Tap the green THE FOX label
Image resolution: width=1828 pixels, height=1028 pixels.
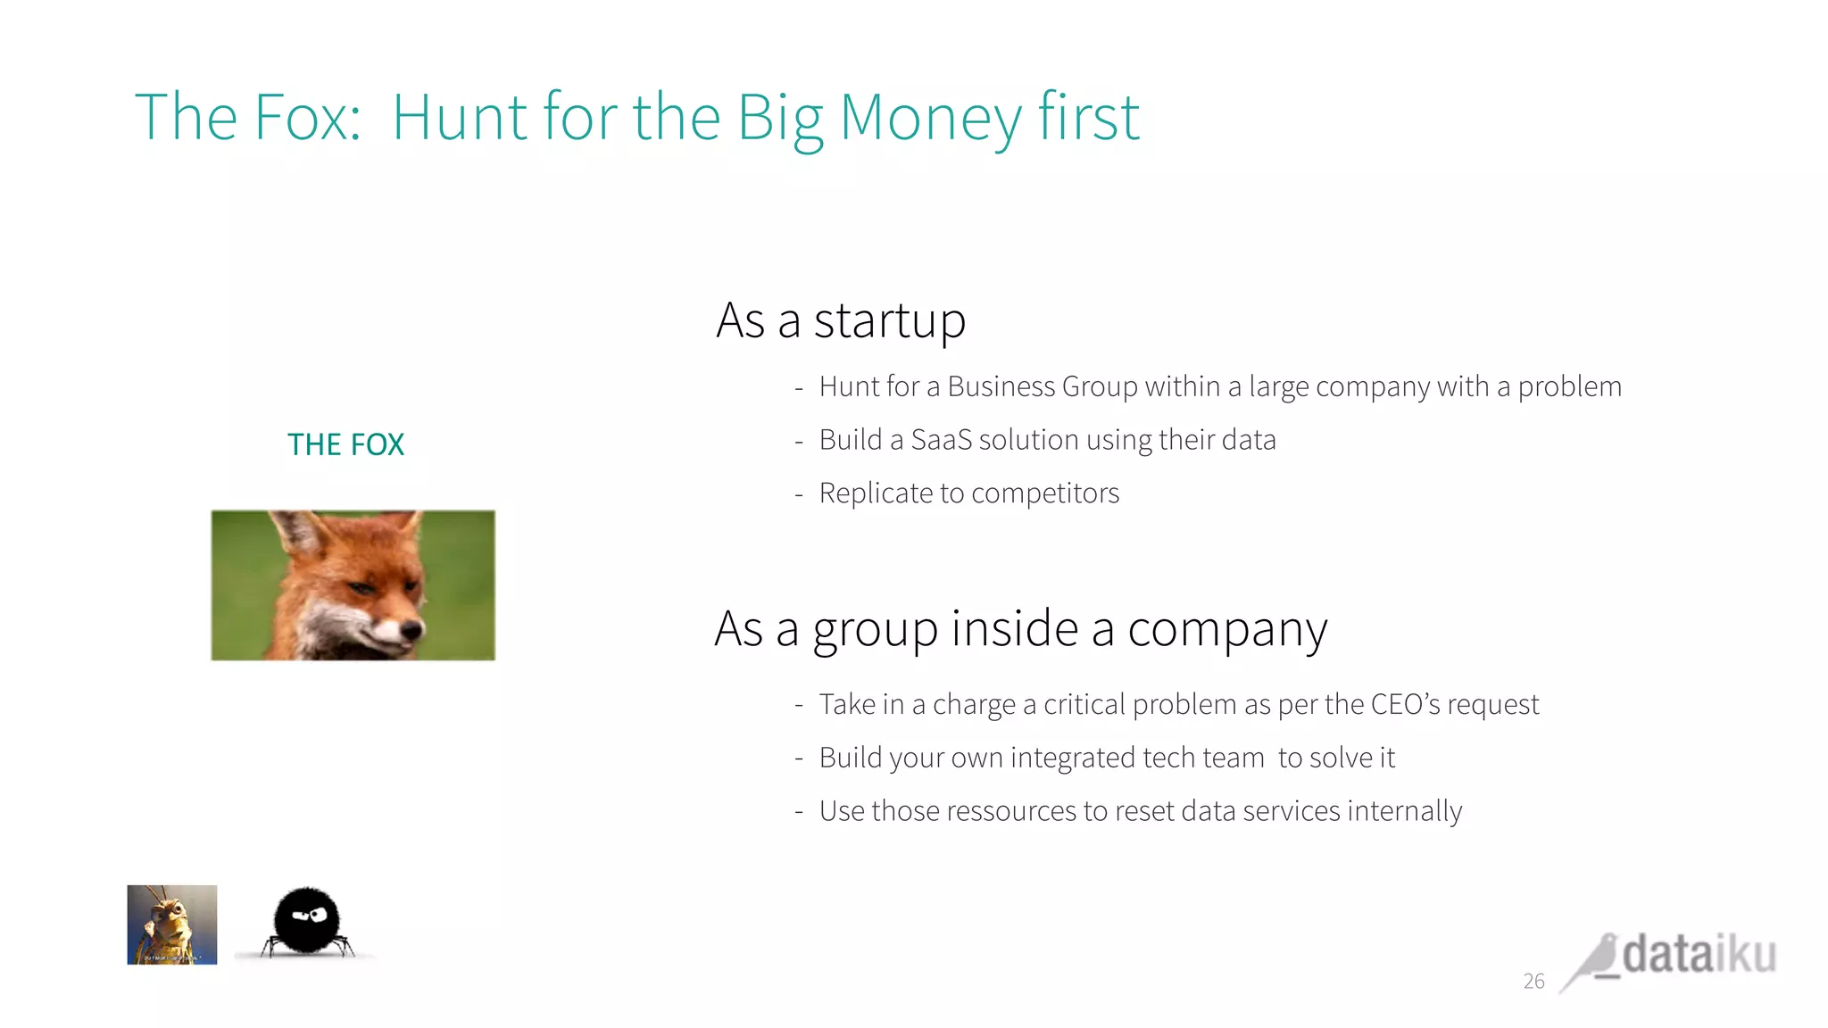[x=345, y=444]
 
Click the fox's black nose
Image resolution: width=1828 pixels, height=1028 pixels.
[x=412, y=630]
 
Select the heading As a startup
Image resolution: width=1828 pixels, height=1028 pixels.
[x=841, y=321]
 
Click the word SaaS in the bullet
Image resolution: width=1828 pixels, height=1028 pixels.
[x=941, y=440]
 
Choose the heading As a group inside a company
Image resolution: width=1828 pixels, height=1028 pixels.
[x=1020, y=629]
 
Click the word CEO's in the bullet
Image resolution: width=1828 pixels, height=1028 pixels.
[x=1405, y=704]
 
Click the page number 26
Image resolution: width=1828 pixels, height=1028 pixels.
[x=1533, y=982]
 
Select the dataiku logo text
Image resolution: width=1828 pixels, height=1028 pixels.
[x=1699, y=955]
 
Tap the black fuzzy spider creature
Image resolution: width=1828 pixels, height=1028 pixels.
[x=306, y=921]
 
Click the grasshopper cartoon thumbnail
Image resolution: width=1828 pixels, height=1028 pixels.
[x=172, y=924]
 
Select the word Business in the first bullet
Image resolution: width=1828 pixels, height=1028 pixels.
[x=1001, y=386]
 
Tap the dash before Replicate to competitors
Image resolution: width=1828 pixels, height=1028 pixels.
[x=799, y=494]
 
